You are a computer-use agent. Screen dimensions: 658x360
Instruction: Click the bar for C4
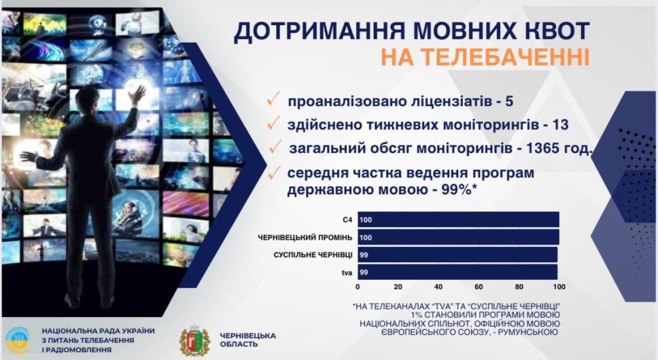458,219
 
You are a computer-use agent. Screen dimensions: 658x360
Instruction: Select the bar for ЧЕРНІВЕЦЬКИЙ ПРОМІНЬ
458,237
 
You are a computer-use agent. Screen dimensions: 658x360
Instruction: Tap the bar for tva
458,272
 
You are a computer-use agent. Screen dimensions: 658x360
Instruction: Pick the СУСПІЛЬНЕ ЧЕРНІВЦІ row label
313,255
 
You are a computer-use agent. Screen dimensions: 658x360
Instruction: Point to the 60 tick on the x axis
478,287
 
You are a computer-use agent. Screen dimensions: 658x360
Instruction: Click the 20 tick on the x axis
398,287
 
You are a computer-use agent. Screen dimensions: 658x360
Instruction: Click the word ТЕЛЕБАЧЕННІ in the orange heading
485,57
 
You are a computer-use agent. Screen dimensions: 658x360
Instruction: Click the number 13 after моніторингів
560,125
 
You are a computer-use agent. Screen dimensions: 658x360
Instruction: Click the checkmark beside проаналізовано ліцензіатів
274,100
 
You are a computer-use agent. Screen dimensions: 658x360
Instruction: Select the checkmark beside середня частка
274,173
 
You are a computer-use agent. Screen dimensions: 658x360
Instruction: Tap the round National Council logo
17,339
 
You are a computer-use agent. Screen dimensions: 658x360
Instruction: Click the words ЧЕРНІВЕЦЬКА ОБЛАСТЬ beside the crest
247,340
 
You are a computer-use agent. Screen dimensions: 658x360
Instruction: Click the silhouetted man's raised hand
137,94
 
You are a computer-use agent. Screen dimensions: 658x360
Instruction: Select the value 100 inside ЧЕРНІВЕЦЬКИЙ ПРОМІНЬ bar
366,237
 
